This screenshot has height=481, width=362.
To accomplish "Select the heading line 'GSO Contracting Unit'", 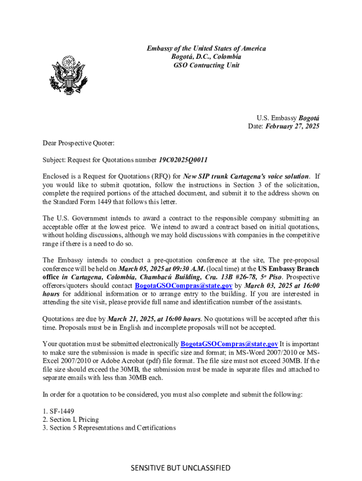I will pyautogui.click(x=206, y=65).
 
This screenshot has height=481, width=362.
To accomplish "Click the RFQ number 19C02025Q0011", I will pyautogui.click(x=183, y=160).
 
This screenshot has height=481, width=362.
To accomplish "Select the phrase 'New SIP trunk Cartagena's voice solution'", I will pyautogui.click(x=246, y=177).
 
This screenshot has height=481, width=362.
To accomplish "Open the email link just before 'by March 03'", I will pyautogui.click(x=183, y=286).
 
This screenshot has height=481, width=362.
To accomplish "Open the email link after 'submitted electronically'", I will pyautogui.click(x=229, y=344).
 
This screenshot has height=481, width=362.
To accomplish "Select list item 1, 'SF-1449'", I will pyautogui.click(x=58, y=411).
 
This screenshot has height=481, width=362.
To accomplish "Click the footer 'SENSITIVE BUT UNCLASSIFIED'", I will pyautogui.click(x=181, y=467).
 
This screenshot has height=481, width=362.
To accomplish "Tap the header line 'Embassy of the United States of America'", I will pyautogui.click(x=206, y=48).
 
